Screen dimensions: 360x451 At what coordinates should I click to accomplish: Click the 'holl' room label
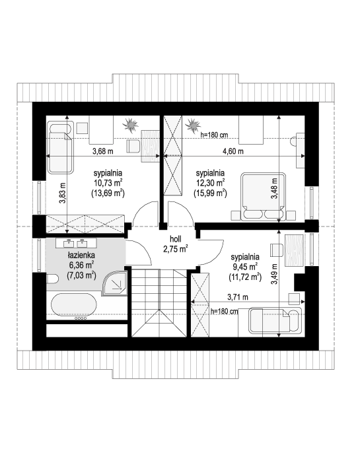click(x=176, y=239)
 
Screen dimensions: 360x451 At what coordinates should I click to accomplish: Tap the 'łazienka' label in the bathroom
click(x=81, y=255)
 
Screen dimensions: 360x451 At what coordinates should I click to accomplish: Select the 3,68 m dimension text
click(x=103, y=151)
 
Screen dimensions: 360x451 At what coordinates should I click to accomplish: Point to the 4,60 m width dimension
click(x=233, y=151)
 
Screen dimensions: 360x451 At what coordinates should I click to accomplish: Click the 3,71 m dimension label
click(x=238, y=297)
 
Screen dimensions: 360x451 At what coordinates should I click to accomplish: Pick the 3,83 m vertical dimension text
click(x=63, y=193)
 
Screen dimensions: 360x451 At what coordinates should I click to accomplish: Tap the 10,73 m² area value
click(x=108, y=183)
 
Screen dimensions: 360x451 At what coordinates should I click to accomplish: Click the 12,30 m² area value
click(x=210, y=183)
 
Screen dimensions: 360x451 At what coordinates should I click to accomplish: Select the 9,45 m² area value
click(x=245, y=267)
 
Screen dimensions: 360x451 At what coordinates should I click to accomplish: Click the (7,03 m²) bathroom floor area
click(x=81, y=275)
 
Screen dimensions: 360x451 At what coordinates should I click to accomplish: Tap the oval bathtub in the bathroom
click(x=74, y=304)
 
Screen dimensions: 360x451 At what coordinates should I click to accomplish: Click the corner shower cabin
click(x=115, y=283)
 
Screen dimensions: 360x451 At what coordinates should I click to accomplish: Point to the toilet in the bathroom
click(x=52, y=279)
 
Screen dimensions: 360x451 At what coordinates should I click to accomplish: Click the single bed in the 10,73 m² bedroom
click(x=60, y=148)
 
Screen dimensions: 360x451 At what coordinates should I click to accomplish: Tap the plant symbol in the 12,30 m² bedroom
click(x=192, y=125)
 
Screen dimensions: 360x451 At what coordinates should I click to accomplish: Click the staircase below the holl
click(x=159, y=303)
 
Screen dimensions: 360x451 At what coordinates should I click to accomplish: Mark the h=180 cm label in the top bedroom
click(x=215, y=135)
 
